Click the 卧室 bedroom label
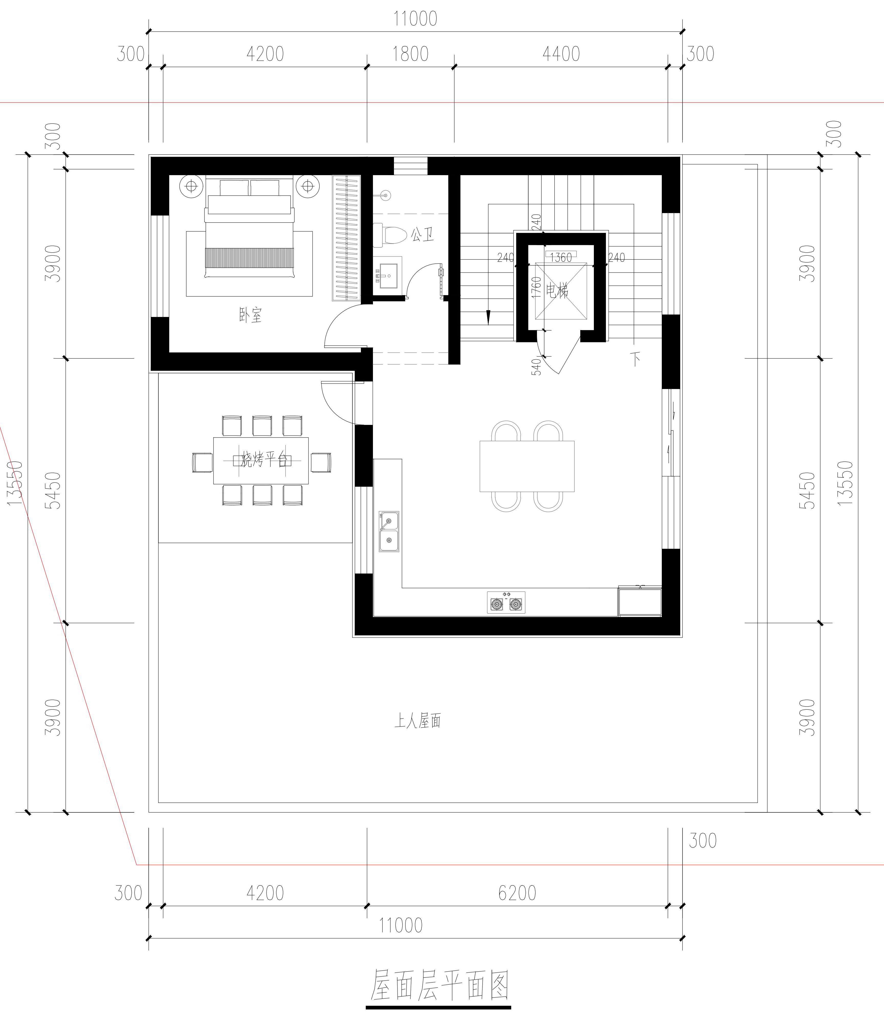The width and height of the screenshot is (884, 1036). pyautogui.click(x=250, y=315)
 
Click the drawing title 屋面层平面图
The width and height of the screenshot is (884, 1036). pyautogui.click(x=439, y=986)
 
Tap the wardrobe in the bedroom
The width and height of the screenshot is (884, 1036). pyautogui.click(x=346, y=238)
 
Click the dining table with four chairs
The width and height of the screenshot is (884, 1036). pyautogui.click(x=527, y=466)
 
